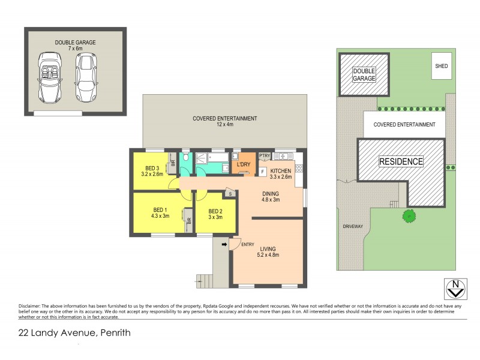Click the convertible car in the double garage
tap(50, 77)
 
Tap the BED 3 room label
tap(151, 171)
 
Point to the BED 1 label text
tap(159, 213)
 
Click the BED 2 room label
tap(215, 214)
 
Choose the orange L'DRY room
tap(244, 164)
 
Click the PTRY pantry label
tap(265, 156)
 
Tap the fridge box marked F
tap(263, 172)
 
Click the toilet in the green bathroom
tap(186, 157)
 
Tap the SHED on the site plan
tap(441, 67)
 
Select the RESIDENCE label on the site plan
tap(401, 161)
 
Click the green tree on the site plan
tap(409, 215)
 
